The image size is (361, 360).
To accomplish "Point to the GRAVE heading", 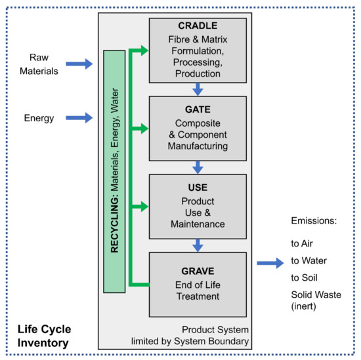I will coord(198,270).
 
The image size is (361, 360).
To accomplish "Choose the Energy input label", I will coord(39,118).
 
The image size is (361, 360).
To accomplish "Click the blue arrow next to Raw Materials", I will coord(81,63).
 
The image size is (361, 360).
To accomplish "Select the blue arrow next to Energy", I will coord(81,118).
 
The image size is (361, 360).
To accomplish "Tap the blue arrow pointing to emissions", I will coord(270,264).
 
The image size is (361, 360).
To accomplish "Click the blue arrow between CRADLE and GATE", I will coord(198,88).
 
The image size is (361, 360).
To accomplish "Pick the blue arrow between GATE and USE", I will coord(198,167).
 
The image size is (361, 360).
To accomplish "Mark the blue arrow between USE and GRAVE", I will coord(198,245).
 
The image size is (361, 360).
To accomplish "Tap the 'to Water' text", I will coord(309,260).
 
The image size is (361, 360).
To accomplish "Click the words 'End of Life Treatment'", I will coord(198,290).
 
